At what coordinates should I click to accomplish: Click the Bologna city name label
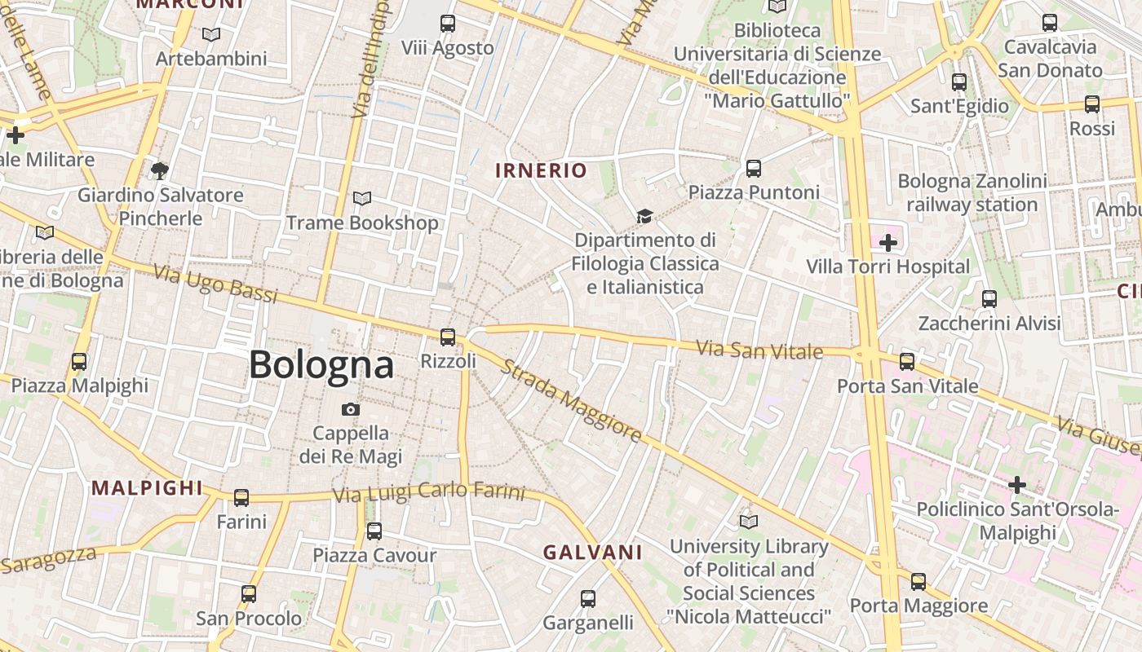321,364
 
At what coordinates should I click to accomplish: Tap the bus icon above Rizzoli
447,337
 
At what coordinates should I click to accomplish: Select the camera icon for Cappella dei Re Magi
351,409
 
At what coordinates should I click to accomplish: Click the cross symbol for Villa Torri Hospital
888,242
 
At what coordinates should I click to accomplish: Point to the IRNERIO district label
541,170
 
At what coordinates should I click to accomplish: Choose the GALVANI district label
592,553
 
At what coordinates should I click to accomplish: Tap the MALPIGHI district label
147,488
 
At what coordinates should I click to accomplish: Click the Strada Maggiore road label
571,403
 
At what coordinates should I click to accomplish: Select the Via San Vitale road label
759,350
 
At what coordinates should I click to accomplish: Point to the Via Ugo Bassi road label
215,284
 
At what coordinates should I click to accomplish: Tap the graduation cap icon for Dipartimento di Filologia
644,216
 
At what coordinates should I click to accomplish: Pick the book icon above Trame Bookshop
361,198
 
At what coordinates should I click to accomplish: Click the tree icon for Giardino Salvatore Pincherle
160,170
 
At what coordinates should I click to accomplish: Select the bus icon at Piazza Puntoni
754,169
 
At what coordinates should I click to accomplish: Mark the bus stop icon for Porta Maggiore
918,581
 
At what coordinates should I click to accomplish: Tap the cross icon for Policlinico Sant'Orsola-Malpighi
1016,486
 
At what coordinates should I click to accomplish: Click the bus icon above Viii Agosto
447,24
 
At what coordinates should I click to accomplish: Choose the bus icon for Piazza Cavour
374,531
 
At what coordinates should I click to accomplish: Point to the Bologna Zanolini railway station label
972,192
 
